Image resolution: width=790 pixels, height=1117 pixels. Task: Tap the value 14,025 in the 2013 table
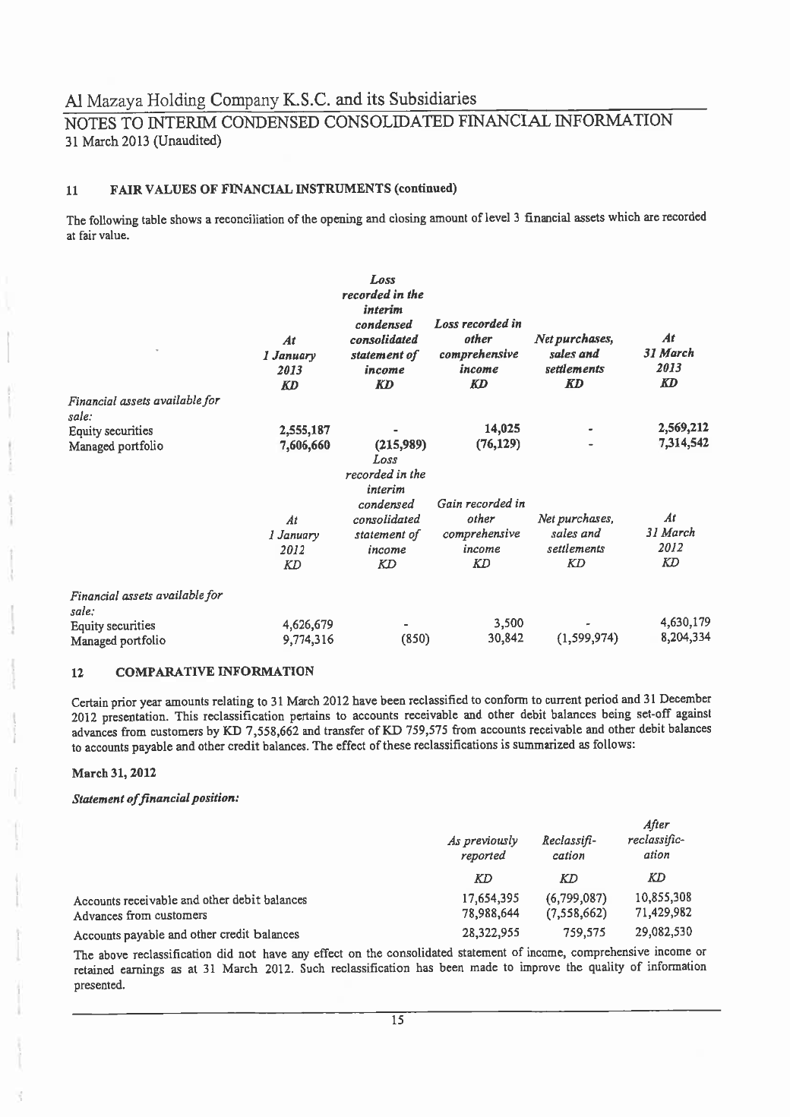coord(501,429)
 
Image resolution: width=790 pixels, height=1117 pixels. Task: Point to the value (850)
coord(415,639)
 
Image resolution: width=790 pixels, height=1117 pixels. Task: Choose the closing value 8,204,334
coord(684,637)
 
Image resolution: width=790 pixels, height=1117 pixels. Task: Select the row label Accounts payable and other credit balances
coord(186,934)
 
